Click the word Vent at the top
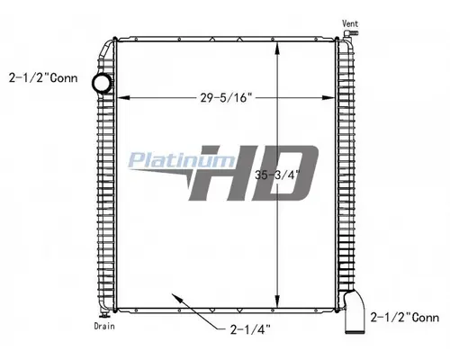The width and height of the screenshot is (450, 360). point(350,21)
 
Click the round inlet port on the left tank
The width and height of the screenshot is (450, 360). point(103,83)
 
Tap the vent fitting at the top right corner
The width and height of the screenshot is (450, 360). point(346,36)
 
